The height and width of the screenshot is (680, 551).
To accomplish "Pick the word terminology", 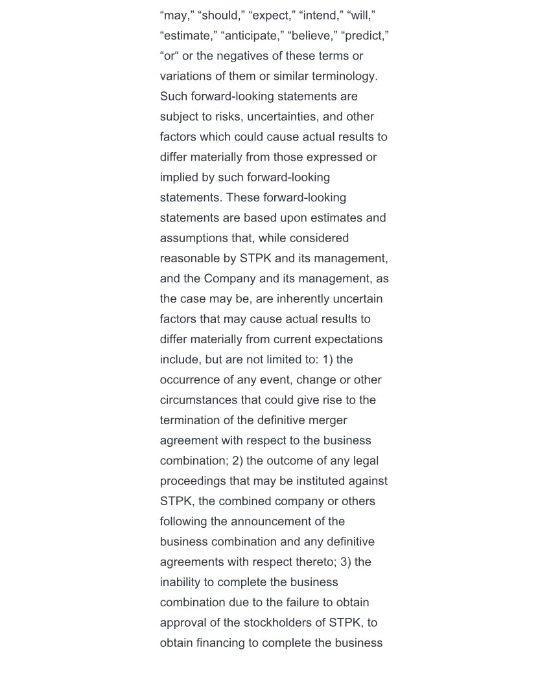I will [x=344, y=76].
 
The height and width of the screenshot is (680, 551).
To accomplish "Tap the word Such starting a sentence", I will [x=174, y=96].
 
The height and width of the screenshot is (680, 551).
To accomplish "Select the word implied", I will [x=179, y=177].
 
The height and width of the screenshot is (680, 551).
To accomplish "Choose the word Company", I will [x=229, y=278].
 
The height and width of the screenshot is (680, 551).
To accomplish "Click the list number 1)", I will [x=328, y=359].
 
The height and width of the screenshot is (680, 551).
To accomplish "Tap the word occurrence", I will [x=191, y=380].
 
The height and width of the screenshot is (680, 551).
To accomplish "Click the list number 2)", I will [x=239, y=460].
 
